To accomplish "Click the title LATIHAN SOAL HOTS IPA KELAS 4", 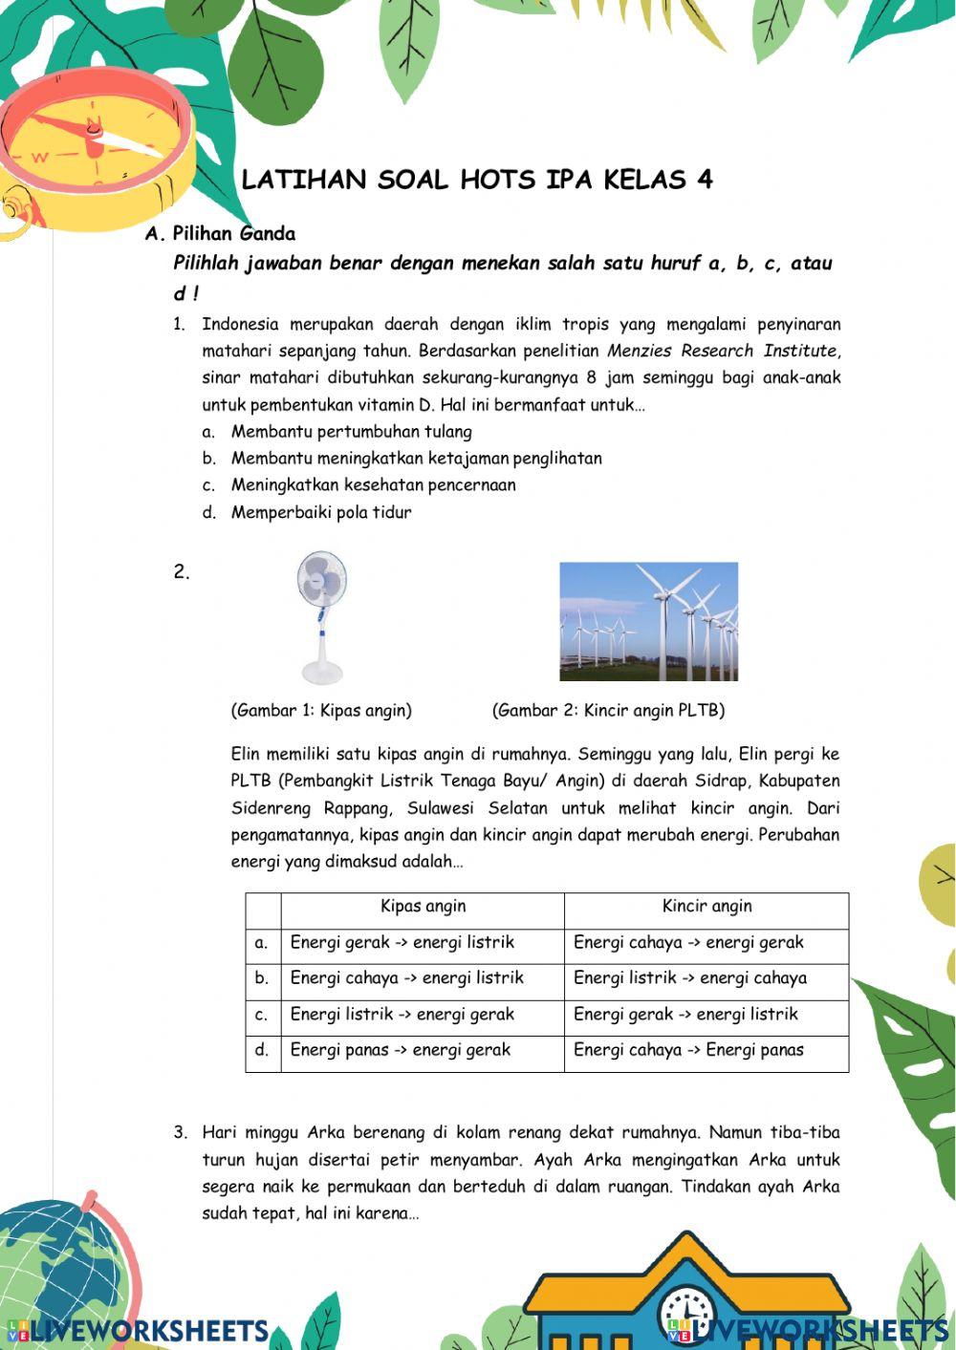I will pyautogui.click(x=477, y=180).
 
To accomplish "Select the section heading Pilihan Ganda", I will pyautogui.click(x=233, y=233).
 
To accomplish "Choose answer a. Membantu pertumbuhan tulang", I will pyautogui.click(x=351, y=432).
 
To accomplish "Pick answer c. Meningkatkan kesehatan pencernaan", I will pyautogui.click(x=373, y=485).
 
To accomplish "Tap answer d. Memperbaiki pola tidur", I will pyautogui.click(x=321, y=512).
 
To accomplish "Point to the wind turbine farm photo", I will pyautogui.click(x=648, y=621).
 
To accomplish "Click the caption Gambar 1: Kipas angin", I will pyautogui.click(x=321, y=710).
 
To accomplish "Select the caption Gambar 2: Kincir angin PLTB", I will pyautogui.click(x=608, y=710).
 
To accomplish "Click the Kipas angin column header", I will pyautogui.click(x=423, y=907).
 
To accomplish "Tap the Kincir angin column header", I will pyautogui.click(x=706, y=907).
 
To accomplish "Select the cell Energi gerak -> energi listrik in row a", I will pyautogui.click(x=402, y=943).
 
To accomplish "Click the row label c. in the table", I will pyautogui.click(x=262, y=1015).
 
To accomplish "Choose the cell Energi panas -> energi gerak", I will pyautogui.click(x=401, y=1050).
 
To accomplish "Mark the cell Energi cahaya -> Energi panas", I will pyautogui.click(x=688, y=1050).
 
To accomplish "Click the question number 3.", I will pyautogui.click(x=180, y=1133).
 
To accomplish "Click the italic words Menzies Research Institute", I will pyautogui.click(x=723, y=351).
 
